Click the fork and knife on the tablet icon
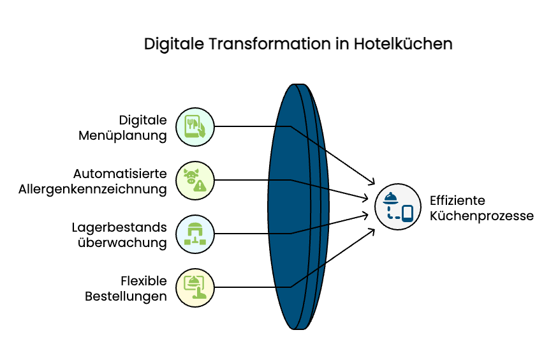click(191, 124)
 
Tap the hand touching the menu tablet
click(202, 131)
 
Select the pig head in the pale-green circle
click(191, 176)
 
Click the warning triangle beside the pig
click(200, 186)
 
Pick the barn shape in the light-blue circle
click(195, 229)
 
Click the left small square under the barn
click(187, 242)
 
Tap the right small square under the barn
click(203, 242)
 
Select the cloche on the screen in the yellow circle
click(193, 280)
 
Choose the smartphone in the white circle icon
click(408, 213)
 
